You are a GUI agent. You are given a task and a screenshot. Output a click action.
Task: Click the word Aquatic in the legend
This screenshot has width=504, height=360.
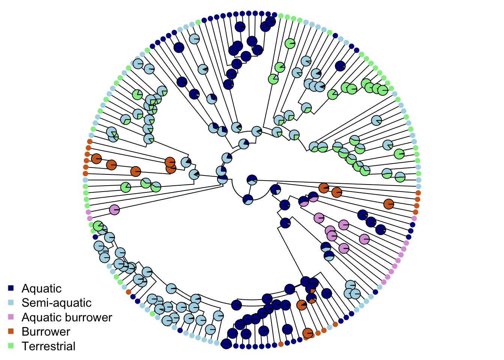point(41,288)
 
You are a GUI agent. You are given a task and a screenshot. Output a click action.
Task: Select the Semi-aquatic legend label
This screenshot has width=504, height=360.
point(56,303)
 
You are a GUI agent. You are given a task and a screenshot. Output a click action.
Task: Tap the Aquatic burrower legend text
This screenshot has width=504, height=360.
point(67,317)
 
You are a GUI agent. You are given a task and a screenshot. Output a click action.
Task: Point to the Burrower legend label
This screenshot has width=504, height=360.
point(46,331)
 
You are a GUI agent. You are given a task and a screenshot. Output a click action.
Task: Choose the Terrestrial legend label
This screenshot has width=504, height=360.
point(48,346)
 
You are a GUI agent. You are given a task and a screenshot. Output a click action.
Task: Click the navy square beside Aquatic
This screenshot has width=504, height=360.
point(11,288)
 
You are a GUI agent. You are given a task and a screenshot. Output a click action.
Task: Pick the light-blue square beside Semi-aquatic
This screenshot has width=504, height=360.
point(11,303)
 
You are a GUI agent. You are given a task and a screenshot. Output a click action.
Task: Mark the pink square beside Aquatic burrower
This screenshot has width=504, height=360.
point(11,317)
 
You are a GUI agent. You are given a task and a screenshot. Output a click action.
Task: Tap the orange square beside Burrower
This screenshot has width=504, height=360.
point(11,331)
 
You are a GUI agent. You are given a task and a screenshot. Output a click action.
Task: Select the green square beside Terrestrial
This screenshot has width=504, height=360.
point(11,346)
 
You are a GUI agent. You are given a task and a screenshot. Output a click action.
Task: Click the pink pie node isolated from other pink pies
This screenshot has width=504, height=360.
point(114,210)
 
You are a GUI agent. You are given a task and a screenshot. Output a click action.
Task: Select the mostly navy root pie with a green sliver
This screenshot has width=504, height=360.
point(252,180)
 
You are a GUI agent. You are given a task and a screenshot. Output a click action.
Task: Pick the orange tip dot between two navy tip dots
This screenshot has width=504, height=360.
point(281,344)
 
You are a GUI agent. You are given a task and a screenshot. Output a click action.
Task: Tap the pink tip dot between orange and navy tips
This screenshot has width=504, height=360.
point(414,218)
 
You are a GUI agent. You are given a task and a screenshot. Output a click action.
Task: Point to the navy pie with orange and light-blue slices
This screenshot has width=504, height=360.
point(311,298)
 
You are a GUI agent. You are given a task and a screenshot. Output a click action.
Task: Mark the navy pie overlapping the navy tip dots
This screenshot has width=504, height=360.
point(226,343)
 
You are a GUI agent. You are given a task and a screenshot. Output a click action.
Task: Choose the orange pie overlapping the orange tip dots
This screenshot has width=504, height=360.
point(308,333)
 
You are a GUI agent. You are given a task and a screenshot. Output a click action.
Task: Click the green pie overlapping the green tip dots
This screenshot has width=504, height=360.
point(98,226)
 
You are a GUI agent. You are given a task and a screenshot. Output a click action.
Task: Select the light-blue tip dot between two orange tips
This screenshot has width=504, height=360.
point(330,327)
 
